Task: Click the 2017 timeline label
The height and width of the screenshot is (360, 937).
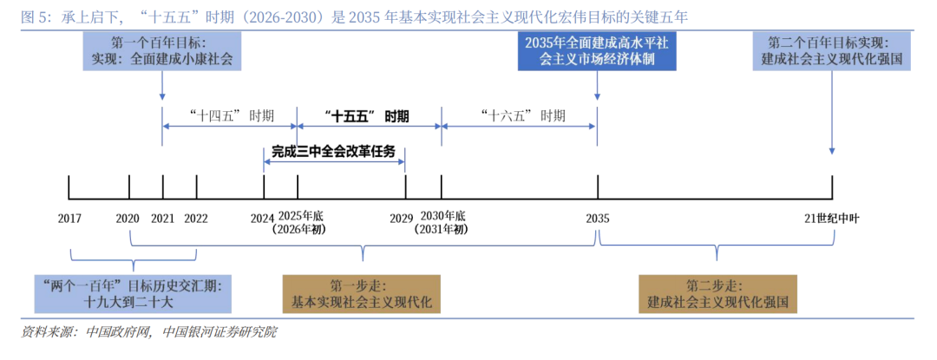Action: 69,218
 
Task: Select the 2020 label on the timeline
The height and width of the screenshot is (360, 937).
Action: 128,218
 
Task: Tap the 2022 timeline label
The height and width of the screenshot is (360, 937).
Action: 196,218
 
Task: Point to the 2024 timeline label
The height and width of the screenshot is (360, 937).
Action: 262,218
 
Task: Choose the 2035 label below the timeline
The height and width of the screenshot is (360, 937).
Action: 597,218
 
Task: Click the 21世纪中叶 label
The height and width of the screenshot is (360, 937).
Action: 829,218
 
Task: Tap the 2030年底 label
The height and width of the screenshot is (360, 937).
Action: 442,216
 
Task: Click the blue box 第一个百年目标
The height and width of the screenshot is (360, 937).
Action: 162,51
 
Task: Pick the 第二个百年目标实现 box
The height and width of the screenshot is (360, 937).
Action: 832,51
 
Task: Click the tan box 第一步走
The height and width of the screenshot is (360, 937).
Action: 363,294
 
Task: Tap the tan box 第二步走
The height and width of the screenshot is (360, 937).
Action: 717,294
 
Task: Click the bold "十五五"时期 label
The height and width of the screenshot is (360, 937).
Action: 367,115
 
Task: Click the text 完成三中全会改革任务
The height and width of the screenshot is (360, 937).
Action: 333,151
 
